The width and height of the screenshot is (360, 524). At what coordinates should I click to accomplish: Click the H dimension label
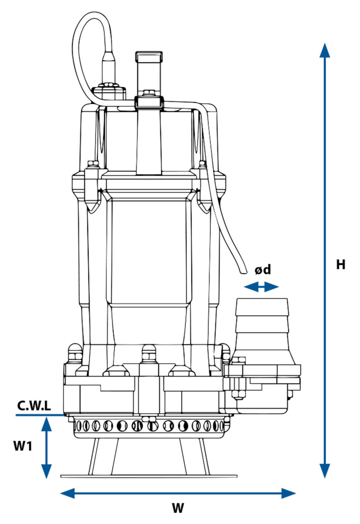point(341,265)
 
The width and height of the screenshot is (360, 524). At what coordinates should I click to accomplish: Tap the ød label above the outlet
point(263,270)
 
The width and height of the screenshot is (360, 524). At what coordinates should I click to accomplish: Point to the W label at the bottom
point(178,508)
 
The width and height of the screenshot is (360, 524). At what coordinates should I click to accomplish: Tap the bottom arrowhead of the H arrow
point(324,471)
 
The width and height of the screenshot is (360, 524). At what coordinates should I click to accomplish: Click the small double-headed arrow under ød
point(261,287)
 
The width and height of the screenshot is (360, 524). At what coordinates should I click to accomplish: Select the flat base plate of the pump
point(149,476)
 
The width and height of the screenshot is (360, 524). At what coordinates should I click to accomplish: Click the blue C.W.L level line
point(40,415)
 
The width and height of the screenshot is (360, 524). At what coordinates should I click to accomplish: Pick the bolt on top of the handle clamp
point(148,93)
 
